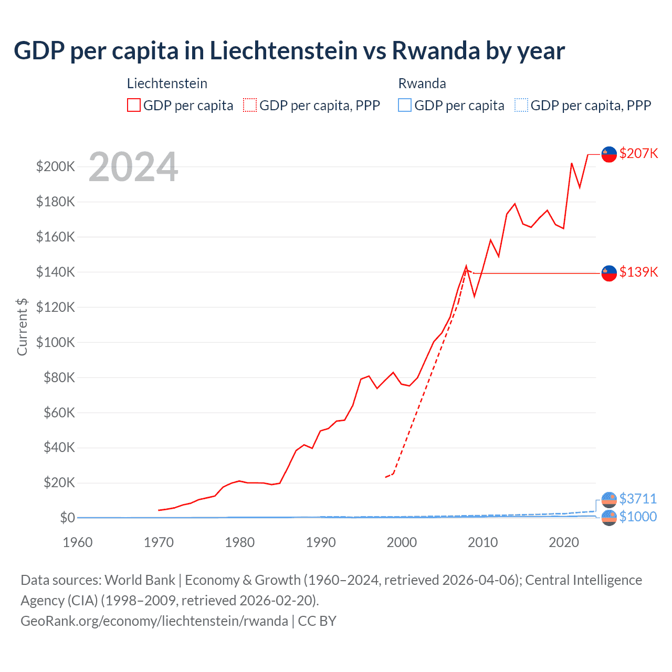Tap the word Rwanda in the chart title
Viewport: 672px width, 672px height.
[x=436, y=51]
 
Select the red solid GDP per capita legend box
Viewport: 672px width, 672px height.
[x=134, y=105]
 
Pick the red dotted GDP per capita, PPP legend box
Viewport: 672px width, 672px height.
[x=250, y=105]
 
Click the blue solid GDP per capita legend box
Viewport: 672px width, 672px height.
[x=405, y=105]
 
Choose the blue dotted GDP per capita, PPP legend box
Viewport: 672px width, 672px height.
[x=521, y=105]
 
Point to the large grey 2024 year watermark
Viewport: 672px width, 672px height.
[x=133, y=167]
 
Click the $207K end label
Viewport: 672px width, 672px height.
[x=638, y=153]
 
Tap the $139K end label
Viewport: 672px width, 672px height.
[x=638, y=272]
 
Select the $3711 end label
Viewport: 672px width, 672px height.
[x=638, y=499]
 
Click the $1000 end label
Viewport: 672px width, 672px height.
[x=638, y=517]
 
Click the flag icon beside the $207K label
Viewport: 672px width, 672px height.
[x=609, y=154]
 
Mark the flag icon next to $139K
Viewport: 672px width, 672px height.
[x=609, y=273]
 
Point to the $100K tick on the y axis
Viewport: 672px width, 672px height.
[x=56, y=342]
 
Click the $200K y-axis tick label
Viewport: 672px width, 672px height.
[x=56, y=167]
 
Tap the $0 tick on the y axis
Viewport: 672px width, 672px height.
[x=67, y=518]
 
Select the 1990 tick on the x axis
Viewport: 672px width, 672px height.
[x=321, y=542]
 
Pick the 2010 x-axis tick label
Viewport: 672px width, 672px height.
[x=482, y=542]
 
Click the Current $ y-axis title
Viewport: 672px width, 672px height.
[x=22, y=327]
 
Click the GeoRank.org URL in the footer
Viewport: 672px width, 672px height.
[x=154, y=621]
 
